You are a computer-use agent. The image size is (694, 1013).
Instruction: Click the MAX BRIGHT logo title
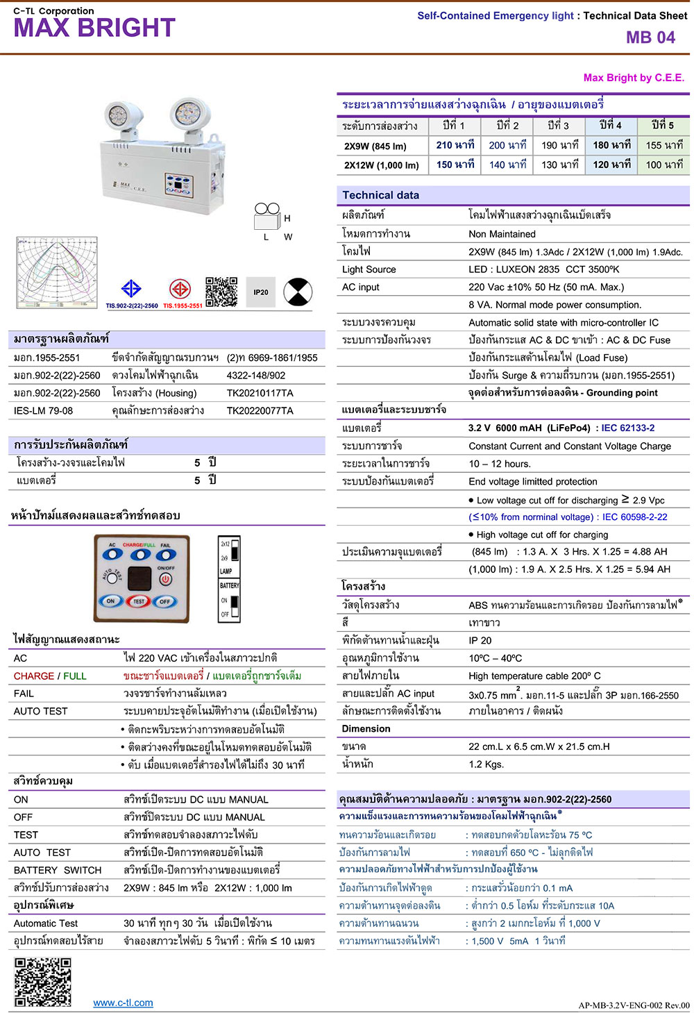[94, 28]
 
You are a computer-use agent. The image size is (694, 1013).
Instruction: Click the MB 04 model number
[650, 37]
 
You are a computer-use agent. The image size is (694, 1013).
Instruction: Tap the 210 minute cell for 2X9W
[455, 145]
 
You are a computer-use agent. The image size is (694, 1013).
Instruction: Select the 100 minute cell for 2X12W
[664, 165]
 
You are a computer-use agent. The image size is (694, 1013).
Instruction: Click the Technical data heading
[381, 195]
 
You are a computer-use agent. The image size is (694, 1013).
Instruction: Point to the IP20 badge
[261, 292]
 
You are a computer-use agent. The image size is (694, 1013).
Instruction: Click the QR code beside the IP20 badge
[221, 292]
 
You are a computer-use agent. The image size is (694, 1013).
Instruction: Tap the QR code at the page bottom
[43, 982]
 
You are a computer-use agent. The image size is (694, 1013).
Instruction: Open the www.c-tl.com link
[124, 1003]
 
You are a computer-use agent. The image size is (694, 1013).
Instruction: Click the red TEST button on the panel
[139, 601]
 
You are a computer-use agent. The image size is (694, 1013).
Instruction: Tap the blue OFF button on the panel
[164, 601]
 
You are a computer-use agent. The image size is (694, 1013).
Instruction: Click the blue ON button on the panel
[110, 601]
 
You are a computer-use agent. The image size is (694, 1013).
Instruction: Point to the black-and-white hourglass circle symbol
[298, 292]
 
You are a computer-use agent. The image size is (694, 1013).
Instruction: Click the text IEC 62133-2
[627, 428]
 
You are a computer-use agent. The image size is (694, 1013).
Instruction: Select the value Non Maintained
[502, 234]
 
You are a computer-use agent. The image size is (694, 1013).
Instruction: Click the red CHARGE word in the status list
[34, 676]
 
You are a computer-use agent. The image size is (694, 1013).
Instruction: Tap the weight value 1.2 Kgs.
[486, 764]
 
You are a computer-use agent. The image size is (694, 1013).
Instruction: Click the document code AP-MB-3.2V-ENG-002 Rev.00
[634, 1005]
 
